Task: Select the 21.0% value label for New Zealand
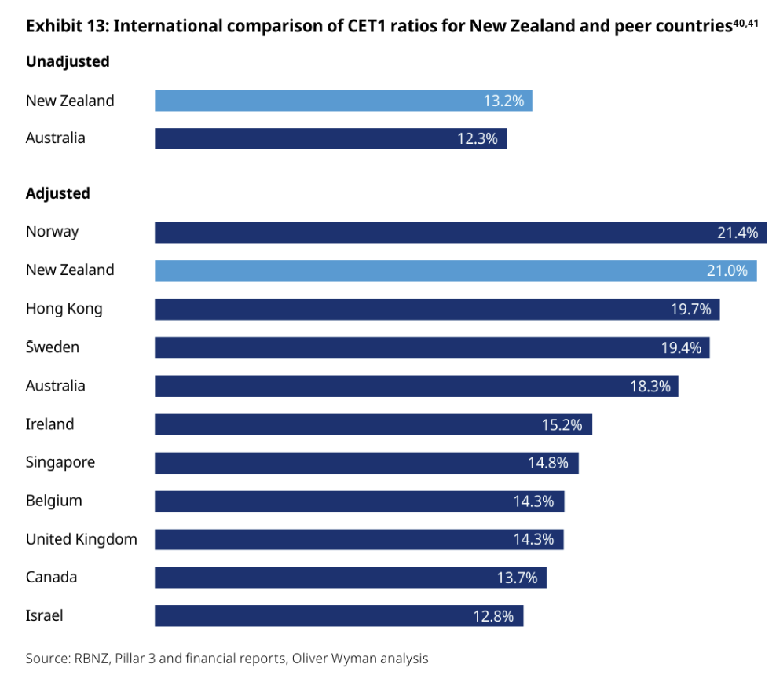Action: (727, 270)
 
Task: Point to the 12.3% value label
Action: (478, 138)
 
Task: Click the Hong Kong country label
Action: (64, 308)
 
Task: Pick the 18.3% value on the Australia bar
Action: (649, 386)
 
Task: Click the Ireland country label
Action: (49, 424)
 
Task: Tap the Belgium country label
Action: (53, 501)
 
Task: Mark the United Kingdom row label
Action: (81, 539)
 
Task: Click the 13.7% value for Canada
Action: (517, 578)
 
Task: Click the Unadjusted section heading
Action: (68, 61)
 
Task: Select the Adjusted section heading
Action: (58, 193)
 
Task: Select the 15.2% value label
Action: (562, 424)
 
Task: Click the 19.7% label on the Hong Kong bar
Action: (690, 309)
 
